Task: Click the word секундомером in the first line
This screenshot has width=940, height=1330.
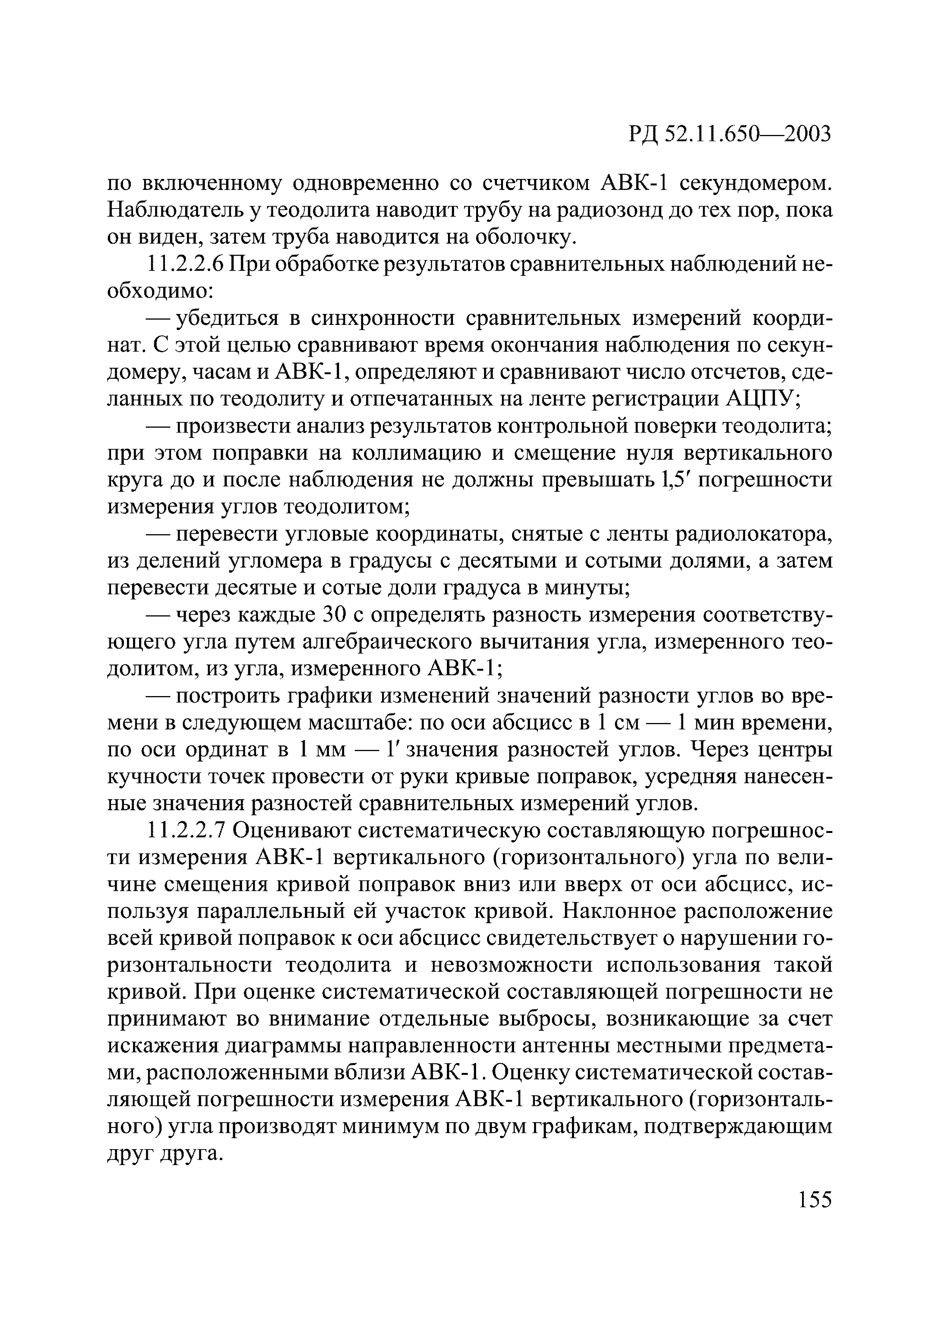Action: pos(755,184)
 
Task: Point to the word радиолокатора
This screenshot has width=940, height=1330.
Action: pos(753,535)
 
